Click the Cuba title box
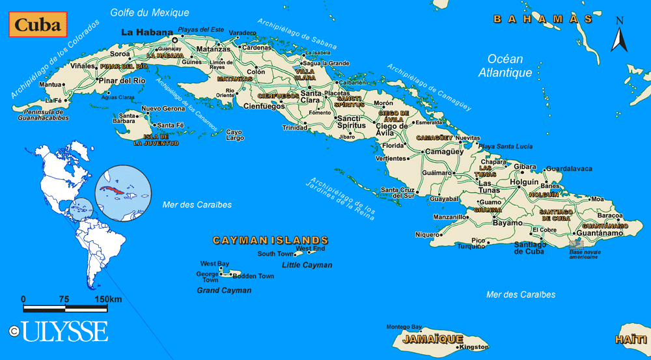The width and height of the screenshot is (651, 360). click(x=38, y=25)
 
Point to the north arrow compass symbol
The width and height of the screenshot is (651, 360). click(x=618, y=35)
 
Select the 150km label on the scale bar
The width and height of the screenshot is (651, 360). click(x=107, y=299)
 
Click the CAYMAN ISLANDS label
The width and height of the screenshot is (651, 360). click(x=270, y=240)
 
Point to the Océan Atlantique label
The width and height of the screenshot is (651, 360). click(x=505, y=66)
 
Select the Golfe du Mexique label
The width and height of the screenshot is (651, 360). click(x=150, y=12)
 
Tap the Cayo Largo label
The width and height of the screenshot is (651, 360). click(x=234, y=135)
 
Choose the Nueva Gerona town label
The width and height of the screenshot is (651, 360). click(x=163, y=109)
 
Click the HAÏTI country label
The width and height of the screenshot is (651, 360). click(x=631, y=340)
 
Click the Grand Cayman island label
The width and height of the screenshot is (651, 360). click(x=224, y=290)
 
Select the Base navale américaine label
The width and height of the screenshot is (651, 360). click(x=583, y=254)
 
